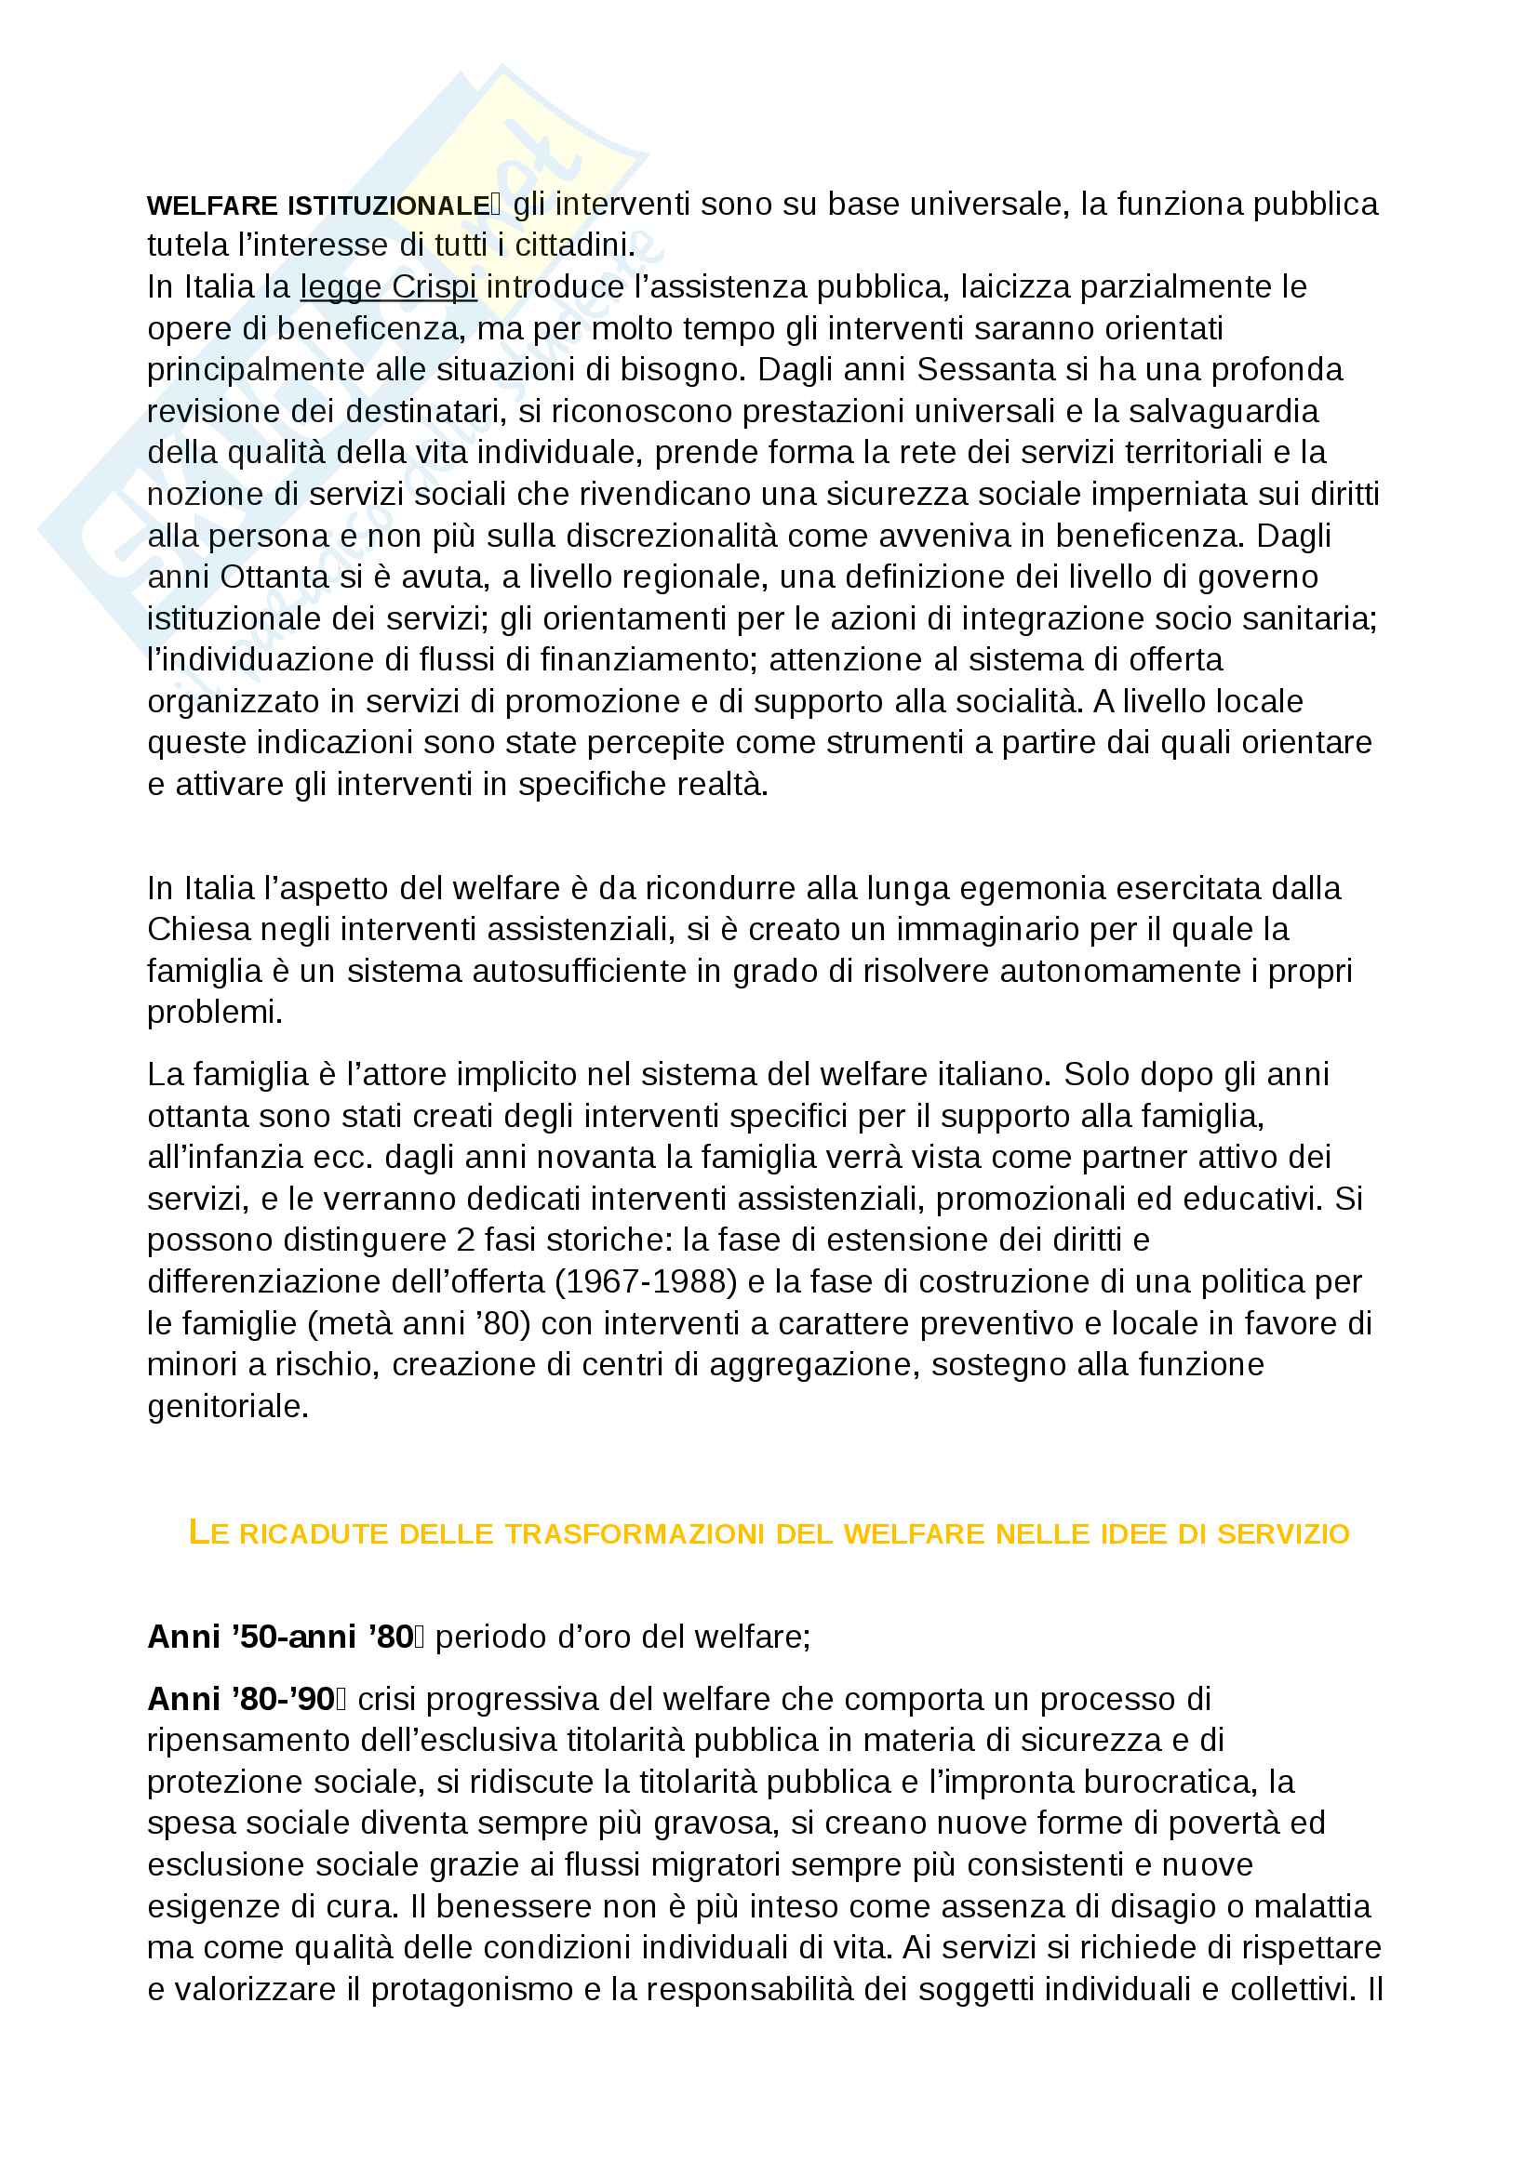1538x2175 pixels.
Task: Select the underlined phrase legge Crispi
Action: click(x=388, y=287)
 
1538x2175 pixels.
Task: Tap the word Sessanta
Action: click(x=986, y=369)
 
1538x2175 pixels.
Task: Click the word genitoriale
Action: click(x=227, y=1406)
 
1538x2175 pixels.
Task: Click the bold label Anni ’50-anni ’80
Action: click(x=280, y=1637)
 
